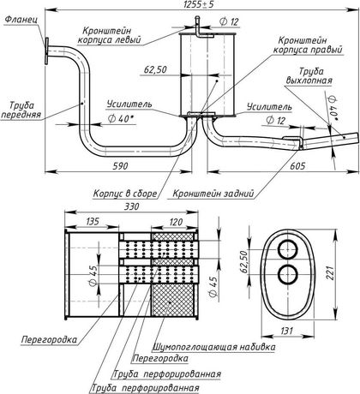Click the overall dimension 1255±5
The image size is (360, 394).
click(x=199, y=4)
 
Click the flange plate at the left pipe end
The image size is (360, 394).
click(x=46, y=51)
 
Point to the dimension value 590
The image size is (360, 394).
click(x=120, y=165)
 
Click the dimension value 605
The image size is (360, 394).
click(x=297, y=165)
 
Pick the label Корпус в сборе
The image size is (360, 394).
click(x=125, y=194)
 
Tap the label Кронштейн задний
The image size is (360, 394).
click(x=213, y=194)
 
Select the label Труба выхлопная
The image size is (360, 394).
click(x=309, y=76)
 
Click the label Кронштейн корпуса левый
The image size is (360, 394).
click(x=110, y=35)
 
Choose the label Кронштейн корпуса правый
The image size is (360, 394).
click(x=308, y=45)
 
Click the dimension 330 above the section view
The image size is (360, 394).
click(x=131, y=206)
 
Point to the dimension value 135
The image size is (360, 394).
click(x=92, y=221)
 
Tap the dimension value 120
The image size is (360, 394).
click(x=175, y=221)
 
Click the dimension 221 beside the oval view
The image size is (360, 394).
click(x=330, y=273)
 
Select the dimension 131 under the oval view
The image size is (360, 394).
click(x=286, y=331)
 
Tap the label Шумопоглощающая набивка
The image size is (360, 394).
click(x=214, y=347)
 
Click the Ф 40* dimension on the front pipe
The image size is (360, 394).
click(x=122, y=119)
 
